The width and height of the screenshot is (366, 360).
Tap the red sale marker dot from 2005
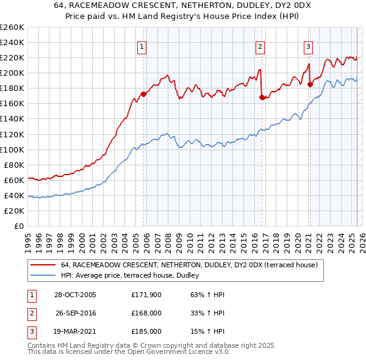[144, 94]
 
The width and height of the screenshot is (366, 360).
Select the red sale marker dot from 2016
[262, 97]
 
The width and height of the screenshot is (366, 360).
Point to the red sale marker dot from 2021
[310, 84]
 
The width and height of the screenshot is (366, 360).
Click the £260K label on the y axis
[12, 27]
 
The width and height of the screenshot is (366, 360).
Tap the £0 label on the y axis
[19, 226]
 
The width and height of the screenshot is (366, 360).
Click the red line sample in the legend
[42, 265]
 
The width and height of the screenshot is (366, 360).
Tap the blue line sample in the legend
[42, 275]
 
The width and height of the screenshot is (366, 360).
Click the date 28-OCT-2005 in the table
[75, 295]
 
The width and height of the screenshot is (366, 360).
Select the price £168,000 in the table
[146, 313]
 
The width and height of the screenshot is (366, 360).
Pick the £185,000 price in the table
[146, 331]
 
